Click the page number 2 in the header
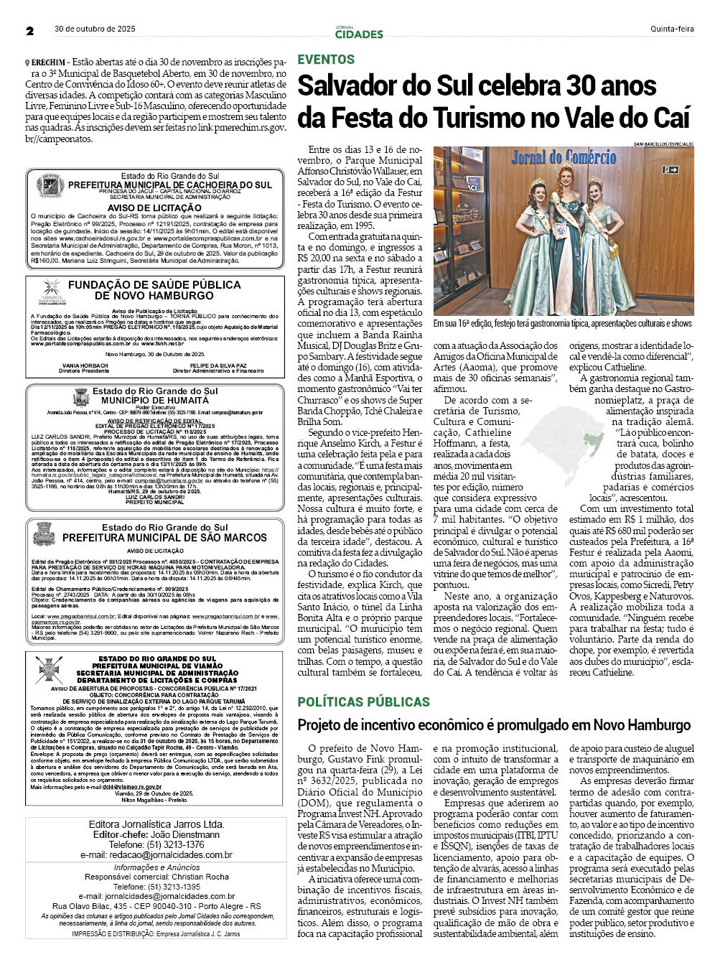click(x=30, y=31)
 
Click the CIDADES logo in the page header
click(x=359, y=34)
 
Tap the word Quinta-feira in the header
click(x=672, y=29)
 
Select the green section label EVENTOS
click(x=326, y=60)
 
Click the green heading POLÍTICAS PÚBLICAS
click(x=363, y=701)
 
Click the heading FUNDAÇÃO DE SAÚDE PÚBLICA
click(x=154, y=285)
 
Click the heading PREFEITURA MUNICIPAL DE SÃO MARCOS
click(x=154, y=537)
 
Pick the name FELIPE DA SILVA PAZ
click(x=218, y=365)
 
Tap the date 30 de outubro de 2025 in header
click(x=95, y=29)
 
